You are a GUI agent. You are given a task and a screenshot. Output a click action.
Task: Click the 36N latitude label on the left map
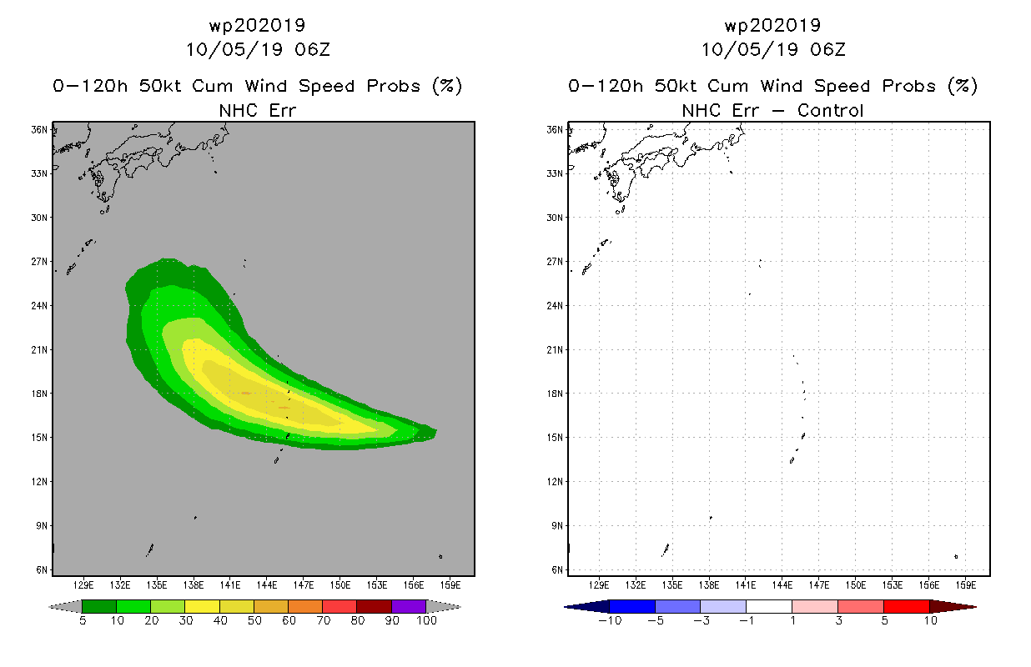point(39,130)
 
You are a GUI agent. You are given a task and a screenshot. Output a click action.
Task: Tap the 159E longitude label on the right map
point(966,585)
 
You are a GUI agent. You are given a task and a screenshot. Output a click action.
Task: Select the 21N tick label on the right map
point(555,350)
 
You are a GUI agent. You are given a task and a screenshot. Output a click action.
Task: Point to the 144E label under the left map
point(267,585)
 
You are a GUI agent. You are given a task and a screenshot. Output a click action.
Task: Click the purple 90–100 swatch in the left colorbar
point(409,606)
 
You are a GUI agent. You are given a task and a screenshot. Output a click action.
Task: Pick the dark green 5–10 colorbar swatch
point(99,606)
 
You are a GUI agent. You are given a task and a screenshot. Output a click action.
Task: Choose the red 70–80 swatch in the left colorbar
point(339,606)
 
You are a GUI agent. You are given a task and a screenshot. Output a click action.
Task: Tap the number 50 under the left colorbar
point(254,620)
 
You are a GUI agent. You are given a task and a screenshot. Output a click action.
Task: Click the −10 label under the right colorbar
point(610,620)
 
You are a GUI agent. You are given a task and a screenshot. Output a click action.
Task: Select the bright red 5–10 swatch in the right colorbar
point(907,606)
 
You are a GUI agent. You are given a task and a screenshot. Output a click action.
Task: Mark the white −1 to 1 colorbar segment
point(769,606)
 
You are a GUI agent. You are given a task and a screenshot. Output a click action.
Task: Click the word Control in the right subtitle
point(830,110)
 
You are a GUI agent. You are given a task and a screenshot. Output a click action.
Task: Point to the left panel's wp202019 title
point(257,26)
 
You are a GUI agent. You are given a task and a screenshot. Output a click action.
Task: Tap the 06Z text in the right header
point(827,49)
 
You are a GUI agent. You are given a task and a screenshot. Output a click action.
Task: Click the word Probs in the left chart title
point(394,86)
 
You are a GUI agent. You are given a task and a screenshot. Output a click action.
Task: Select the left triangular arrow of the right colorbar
point(587,607)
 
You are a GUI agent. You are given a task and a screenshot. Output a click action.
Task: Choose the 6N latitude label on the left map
point(42,570)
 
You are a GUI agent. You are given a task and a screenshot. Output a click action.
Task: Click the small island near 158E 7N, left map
point(440,557)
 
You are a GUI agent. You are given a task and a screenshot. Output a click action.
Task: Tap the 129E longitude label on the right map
point(599,585)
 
